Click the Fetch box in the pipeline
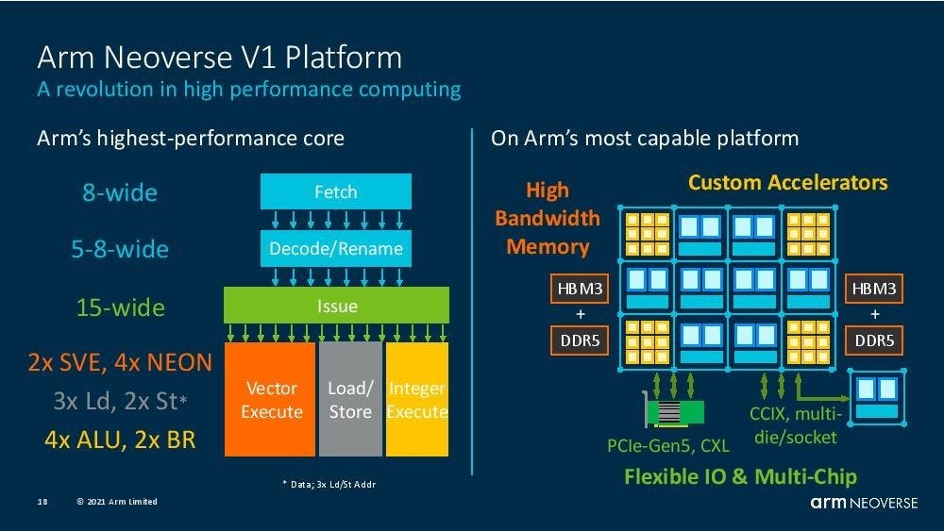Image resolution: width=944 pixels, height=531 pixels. [x=336, y=192]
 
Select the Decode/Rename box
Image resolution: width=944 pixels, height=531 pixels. [x=336, y=249]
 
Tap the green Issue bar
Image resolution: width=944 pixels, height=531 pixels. [x=336, y=307]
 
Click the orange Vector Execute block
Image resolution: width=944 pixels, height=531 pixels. [x=272, y=400]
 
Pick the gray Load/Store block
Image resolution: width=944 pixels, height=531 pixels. [x=350, y=400]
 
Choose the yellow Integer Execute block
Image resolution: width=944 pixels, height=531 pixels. [x=416, y=400]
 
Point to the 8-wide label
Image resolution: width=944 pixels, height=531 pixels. [x=120, y=192]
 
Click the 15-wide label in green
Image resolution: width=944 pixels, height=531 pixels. [x=120, y=307]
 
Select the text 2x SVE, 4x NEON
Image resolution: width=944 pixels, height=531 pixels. [x=119, y=361]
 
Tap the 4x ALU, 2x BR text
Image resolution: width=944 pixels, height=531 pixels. [x=119, y=439]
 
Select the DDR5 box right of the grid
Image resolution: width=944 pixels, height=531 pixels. [x=874, y=340]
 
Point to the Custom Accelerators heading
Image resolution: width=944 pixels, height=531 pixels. [x=787, y=182]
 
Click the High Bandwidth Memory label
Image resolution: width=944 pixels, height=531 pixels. [x=548, y=219]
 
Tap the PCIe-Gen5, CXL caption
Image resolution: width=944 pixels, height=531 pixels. [x=667, y=443]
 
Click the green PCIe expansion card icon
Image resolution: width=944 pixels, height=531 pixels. [x=671, y=411]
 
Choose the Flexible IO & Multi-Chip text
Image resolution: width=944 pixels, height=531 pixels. [x=740, y=476]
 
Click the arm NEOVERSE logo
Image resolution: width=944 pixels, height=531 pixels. [x=863, y=503]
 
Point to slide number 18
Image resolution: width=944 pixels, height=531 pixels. [x=42, y=502]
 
